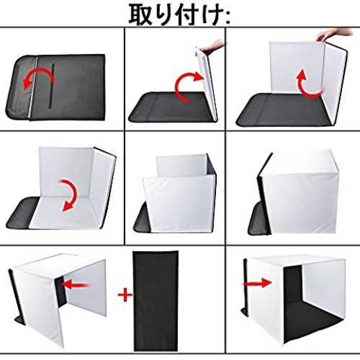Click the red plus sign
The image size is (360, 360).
click(x=125, y=294)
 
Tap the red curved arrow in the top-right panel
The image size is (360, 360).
click(x=308, y=84)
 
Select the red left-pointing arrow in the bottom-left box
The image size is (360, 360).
click(x=75, y=284)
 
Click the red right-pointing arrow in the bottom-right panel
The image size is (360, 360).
click(x=256, y=283)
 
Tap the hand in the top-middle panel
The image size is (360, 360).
click(x=212, y=46)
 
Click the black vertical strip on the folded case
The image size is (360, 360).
click(x=51, y=86)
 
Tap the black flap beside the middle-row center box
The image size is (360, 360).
click(x=142, y=218)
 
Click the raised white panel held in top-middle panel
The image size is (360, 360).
click(x=207, y=84)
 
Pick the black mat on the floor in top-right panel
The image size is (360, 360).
click(x=283, y=109)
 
